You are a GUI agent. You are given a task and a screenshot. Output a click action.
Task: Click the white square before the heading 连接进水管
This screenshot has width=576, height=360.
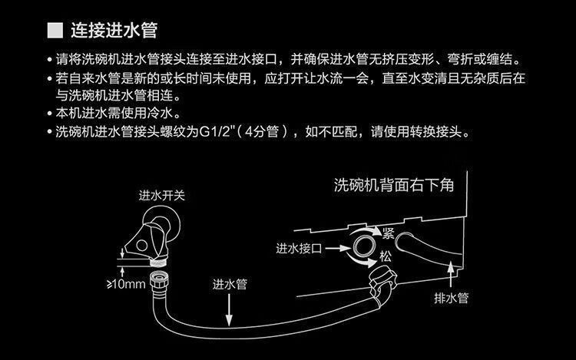click(55, 31)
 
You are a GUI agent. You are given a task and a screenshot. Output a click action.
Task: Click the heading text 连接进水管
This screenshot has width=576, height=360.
click(114, 31)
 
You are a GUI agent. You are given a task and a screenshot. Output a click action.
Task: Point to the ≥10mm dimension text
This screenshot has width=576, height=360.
click(125, 285)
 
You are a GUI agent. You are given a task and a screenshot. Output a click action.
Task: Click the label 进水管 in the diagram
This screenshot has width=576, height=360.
click(230, 283)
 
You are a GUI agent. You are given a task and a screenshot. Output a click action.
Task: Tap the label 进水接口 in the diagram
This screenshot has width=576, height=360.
click(301, 249)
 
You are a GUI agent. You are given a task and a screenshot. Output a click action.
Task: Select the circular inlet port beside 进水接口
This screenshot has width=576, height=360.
click(364, 247)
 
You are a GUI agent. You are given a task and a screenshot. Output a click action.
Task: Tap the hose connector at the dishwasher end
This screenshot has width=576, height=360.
click(382, 277)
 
